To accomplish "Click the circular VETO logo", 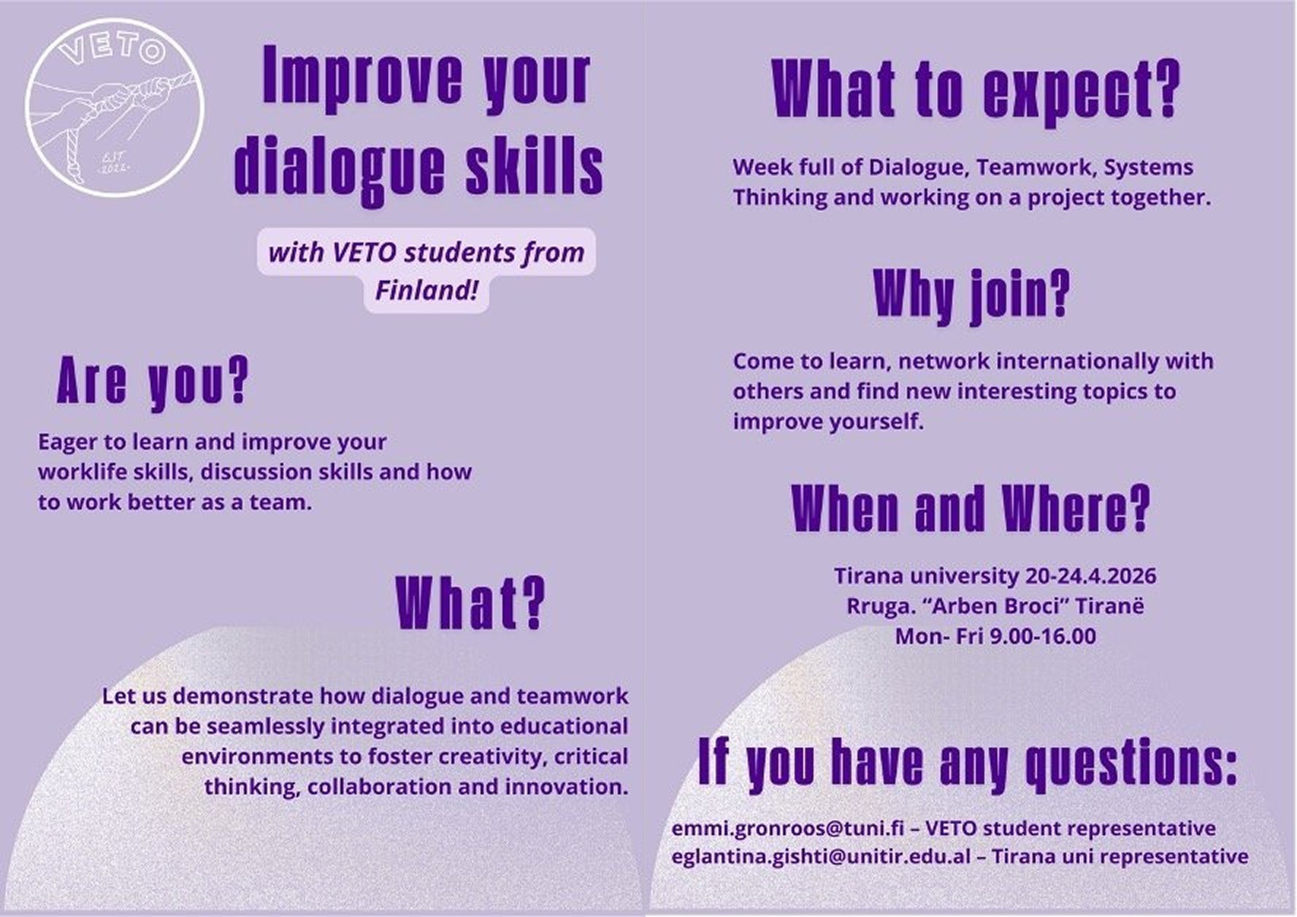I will (x=114, y=107).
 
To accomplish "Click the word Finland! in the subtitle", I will (x=426, y=291).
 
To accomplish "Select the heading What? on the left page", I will (x=470, y=603).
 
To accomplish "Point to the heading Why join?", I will (x=971, y=294).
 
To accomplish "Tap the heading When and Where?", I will (x=971, y=508).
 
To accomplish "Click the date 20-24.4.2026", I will (x=1090, y=576).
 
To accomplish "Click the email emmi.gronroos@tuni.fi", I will (x=788, y=829).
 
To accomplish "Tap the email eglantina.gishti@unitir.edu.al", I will (x=822, y=856).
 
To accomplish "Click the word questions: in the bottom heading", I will (x=1131, y=764).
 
